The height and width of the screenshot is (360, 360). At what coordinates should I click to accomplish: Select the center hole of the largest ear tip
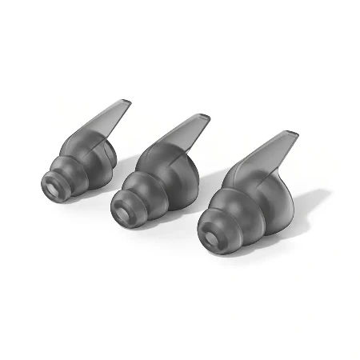click(211, 238)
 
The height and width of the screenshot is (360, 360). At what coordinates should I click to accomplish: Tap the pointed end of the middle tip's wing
click(210, 117)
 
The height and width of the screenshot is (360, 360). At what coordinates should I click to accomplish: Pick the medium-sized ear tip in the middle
click(156, 180)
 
